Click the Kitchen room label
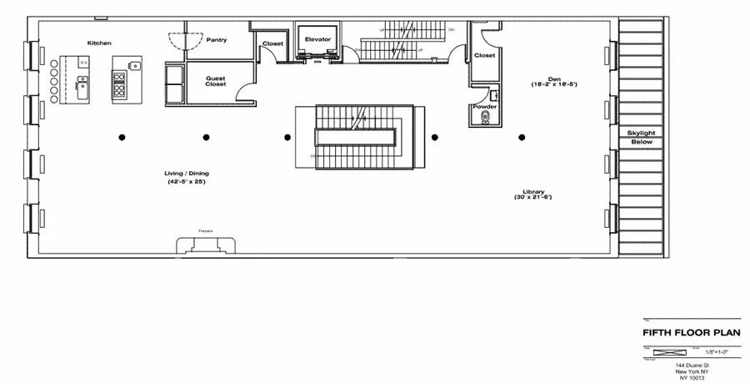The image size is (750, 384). coord(99,43)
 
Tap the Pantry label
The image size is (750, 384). coord(217,39)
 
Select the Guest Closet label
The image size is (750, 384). coord(216,82)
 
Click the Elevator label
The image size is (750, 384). coord(318,39)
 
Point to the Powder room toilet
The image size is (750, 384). coord(484,119)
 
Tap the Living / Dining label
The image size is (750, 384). coord(186,174)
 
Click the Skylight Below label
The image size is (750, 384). coord(642,138)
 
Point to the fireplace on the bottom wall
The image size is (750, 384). coord(205,245)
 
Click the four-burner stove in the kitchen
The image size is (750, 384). coord(119,84)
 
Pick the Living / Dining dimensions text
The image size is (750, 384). coord(186,181)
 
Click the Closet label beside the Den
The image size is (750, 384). coord(484,56)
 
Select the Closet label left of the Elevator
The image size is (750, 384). coord(272,43)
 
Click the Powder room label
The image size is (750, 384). coord(484,107)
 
